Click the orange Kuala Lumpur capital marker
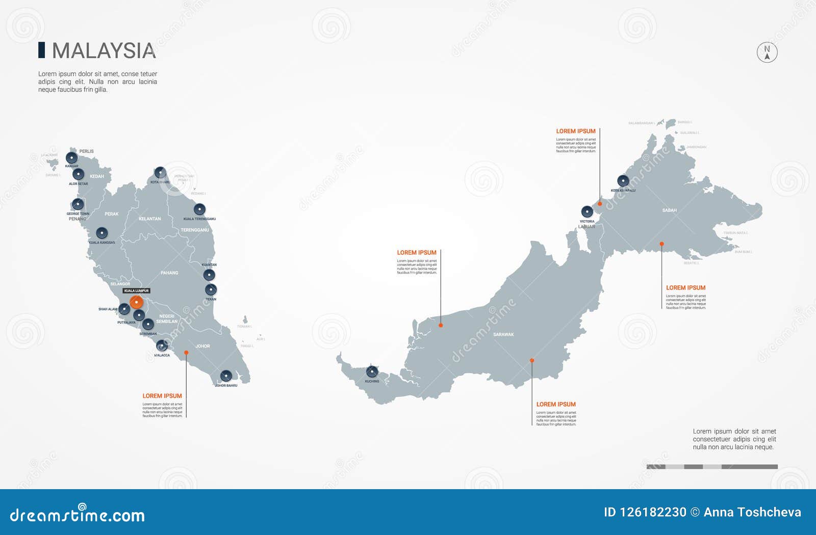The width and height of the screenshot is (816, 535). [x=136, y=302]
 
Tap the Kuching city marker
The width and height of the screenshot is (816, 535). [x=372, y=372]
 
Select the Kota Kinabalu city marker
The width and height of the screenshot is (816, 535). [x=623, y=181]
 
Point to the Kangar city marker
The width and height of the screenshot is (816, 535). [x=72, y=158]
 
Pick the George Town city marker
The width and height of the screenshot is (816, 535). [x=78, y=204]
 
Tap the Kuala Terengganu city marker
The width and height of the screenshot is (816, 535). [x=199, y=209]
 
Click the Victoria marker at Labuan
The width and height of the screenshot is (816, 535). [x=587, y=211]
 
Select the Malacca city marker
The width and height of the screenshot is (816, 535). [x=162, y=346]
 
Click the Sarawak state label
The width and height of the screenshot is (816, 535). [x=503, y=335]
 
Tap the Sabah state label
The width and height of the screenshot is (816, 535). [x=669, y=210]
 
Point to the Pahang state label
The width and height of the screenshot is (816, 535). [x=169, y=273]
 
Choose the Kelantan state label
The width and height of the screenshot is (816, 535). [x=149, y=219]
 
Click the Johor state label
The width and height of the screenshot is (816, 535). [x=202, y=346]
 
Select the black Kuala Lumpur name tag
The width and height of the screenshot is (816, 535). [x=136, y=291]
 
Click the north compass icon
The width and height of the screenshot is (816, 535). [x=767, y=52]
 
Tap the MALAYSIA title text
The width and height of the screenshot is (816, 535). [x=104, y=51]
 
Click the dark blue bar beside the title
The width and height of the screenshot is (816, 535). [x=41, y=50]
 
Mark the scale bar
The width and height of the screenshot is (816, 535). [x=712, y=467]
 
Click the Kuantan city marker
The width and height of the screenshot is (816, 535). [x=209, y=275]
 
